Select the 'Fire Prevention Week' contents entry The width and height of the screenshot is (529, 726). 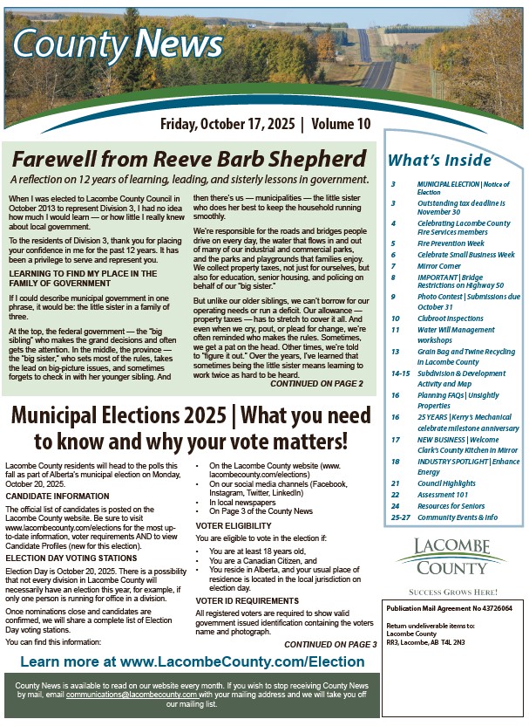coord(451,243)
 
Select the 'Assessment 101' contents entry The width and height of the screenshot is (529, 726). coord(444,494)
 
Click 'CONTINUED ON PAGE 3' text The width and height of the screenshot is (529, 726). coord(330,644)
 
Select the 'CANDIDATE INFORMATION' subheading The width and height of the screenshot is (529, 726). coord(58,497)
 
